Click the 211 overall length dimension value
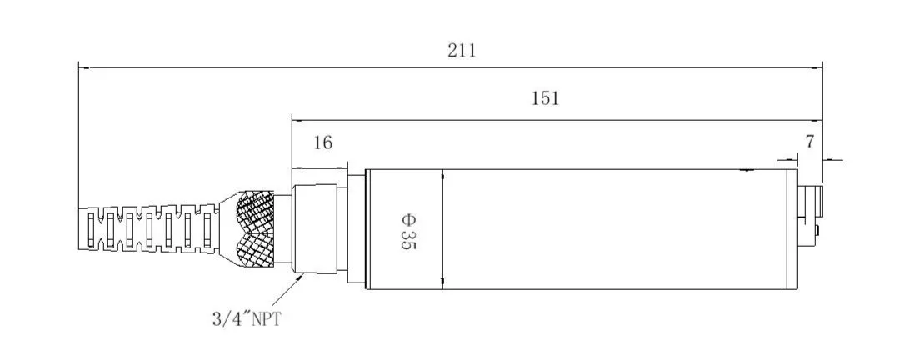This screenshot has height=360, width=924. [462, 51]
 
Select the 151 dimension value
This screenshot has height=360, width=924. [545, 98]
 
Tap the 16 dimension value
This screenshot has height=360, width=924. [322, 142]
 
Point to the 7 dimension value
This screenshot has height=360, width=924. [809, 142]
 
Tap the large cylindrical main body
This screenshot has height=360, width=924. [583, 229]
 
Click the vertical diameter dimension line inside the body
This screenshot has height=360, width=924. [442, 229]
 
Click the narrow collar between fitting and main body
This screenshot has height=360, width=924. [357, 229]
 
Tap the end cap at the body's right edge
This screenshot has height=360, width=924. [792, 229]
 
